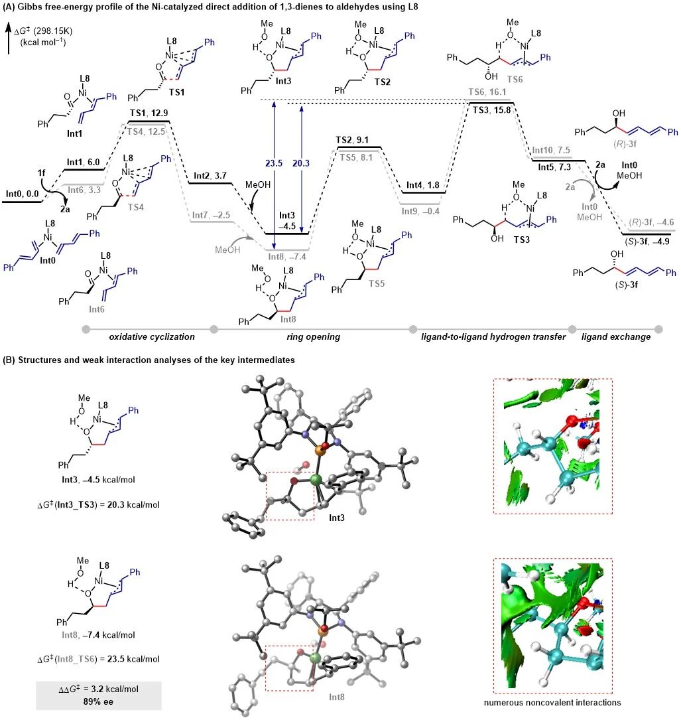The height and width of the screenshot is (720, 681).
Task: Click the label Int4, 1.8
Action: click(421, 186)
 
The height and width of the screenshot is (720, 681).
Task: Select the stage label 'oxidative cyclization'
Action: click(151, 337)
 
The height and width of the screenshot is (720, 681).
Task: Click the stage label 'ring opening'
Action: click(313, 337)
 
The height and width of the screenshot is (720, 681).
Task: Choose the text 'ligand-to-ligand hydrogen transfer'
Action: click(493, 337)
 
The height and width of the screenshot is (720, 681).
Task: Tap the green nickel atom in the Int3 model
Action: click(315, 480)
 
